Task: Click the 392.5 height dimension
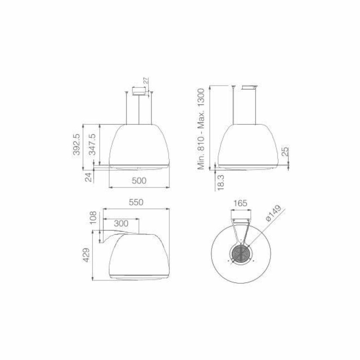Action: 76,144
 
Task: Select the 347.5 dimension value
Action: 92,144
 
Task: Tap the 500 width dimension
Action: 139,181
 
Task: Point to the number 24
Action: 88,177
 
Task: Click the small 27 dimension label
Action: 146,81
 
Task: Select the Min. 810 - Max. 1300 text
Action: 201,129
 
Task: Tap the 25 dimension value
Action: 284,151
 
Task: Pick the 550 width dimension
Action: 136,202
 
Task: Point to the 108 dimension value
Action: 93,218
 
